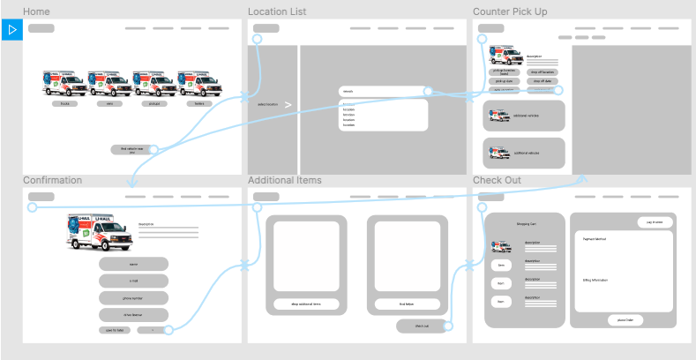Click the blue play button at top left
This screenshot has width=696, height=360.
11,29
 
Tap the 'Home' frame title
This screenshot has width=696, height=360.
36,11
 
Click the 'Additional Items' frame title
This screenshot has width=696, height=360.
284,180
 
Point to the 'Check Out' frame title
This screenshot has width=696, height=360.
497,180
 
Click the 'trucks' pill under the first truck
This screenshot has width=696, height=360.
64,103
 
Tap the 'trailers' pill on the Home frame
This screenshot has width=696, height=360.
198,103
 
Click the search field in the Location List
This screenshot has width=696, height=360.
382,91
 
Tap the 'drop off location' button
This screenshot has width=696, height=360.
543,71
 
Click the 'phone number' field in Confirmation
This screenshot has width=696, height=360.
133,297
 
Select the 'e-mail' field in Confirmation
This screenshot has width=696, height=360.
133,281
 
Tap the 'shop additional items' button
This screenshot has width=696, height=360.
306,304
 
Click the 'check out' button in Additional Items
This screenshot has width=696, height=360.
421,326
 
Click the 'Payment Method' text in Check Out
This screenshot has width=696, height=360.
595,238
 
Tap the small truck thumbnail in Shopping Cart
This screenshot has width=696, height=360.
500,247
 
